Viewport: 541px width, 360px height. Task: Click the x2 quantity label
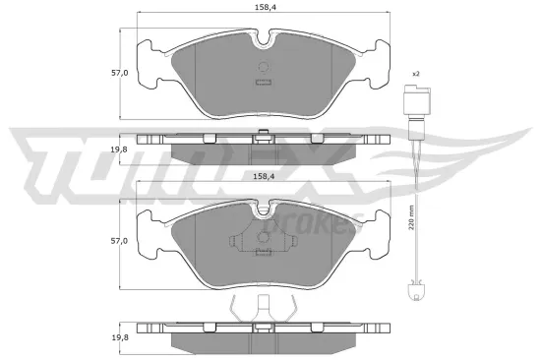[x=415, y=75]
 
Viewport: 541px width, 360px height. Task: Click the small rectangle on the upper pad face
[x=263, y=82]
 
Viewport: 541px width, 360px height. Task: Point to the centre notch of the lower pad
[x=263, y=210]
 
